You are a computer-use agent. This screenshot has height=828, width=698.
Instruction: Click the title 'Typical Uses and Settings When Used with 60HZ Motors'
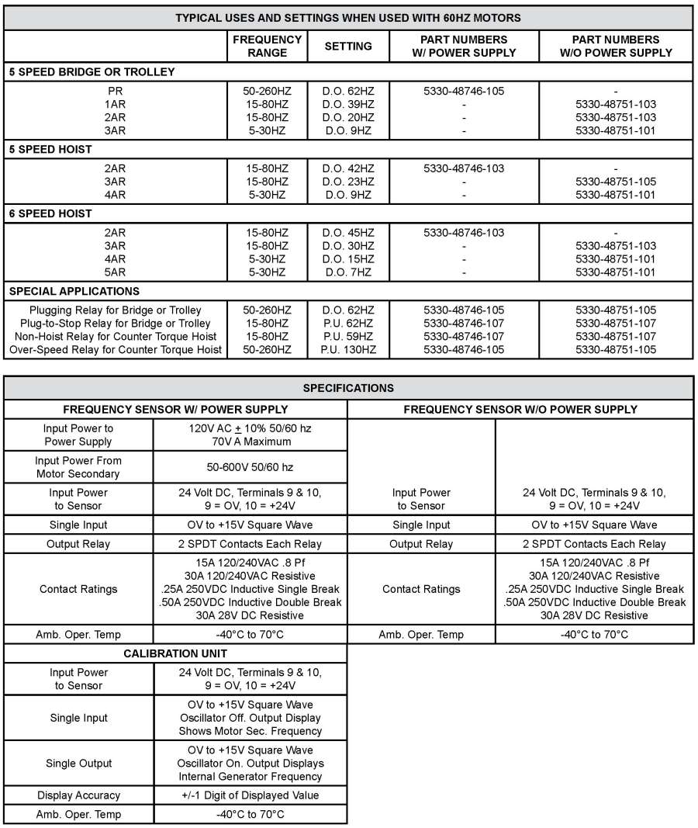[347, 18]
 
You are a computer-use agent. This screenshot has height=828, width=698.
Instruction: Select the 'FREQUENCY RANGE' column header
[268, 46]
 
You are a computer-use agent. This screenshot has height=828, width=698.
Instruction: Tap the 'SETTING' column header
[347, 46]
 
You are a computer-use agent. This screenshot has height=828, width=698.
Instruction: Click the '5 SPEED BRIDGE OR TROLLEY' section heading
[92, 72]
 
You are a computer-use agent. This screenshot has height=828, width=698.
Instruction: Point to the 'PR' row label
[115, 91]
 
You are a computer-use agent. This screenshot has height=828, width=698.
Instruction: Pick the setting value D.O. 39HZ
[347, 104]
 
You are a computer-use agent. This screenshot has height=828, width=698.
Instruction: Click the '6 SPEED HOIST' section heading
[50, 213]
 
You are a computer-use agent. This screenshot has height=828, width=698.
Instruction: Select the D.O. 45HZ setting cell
[347, 232]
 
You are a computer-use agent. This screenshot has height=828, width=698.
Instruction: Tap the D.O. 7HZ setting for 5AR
[347, 272]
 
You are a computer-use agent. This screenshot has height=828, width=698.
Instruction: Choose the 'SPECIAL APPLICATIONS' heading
[74, 291]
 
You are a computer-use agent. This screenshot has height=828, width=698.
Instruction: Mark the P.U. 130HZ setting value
[347, 350]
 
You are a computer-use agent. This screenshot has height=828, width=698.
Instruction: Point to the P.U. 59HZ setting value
[347, 337]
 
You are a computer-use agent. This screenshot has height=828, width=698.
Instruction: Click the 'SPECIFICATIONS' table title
[347, 388]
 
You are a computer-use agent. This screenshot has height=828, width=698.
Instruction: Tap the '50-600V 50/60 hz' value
[250, 467]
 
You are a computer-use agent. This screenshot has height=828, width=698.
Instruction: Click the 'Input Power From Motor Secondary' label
[78, 467]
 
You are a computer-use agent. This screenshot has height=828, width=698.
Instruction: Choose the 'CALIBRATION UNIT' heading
[174, 653]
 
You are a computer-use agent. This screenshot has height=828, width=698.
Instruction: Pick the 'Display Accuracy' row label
[78, 795]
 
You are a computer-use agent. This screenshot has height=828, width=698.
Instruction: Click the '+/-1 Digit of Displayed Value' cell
[250, 795]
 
